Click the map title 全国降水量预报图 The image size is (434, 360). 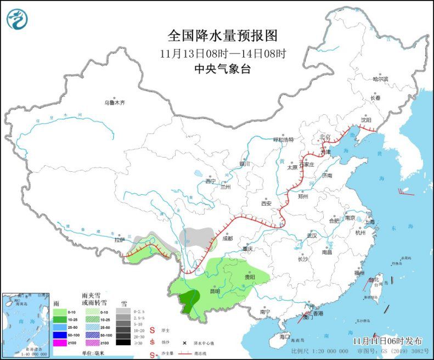[222, 36]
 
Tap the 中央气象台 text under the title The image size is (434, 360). [222, 69]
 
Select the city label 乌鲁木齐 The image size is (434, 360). [115, 103]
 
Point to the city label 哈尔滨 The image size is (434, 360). [380, 79]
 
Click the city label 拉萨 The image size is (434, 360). [119, 240]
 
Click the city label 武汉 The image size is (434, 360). [312, 235]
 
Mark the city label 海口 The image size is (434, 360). [284, 336]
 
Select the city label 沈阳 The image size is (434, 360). [366, 120]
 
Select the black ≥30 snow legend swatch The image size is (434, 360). [124, 342]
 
